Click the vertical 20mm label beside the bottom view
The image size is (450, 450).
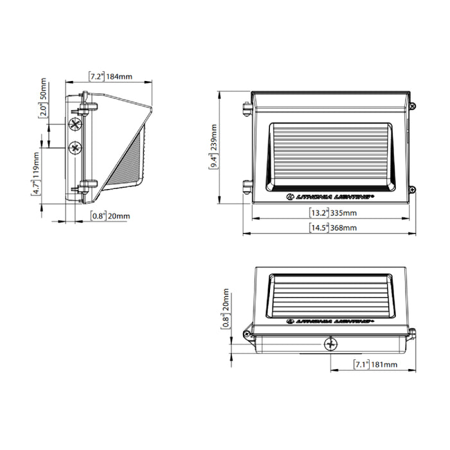[226, 308]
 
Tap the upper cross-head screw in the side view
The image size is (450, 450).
[76, 123]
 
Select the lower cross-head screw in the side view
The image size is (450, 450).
[76, 147]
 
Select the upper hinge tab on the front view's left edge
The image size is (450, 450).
[246, 109]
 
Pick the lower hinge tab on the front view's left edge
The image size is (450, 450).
[246, 186]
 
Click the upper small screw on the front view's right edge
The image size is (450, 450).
[413, 105]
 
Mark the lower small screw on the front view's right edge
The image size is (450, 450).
[413, 189]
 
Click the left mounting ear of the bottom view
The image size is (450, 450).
[248, 334]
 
